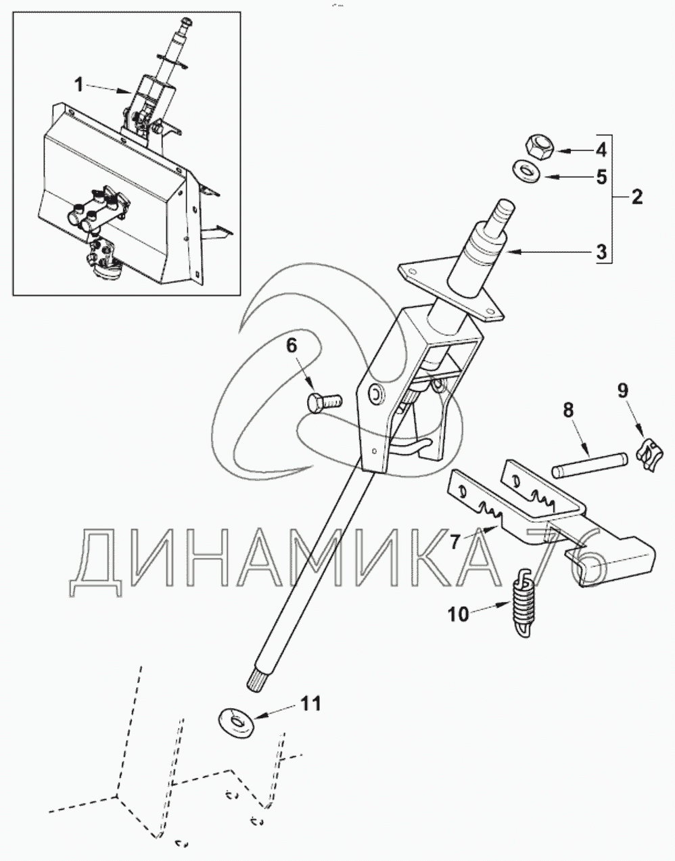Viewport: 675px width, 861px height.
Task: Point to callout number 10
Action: coord(458,614)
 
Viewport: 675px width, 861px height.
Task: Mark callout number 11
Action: coord(310,703)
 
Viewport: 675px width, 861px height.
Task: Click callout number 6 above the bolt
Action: coord(292,346)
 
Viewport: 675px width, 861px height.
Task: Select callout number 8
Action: coord(568,409)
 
